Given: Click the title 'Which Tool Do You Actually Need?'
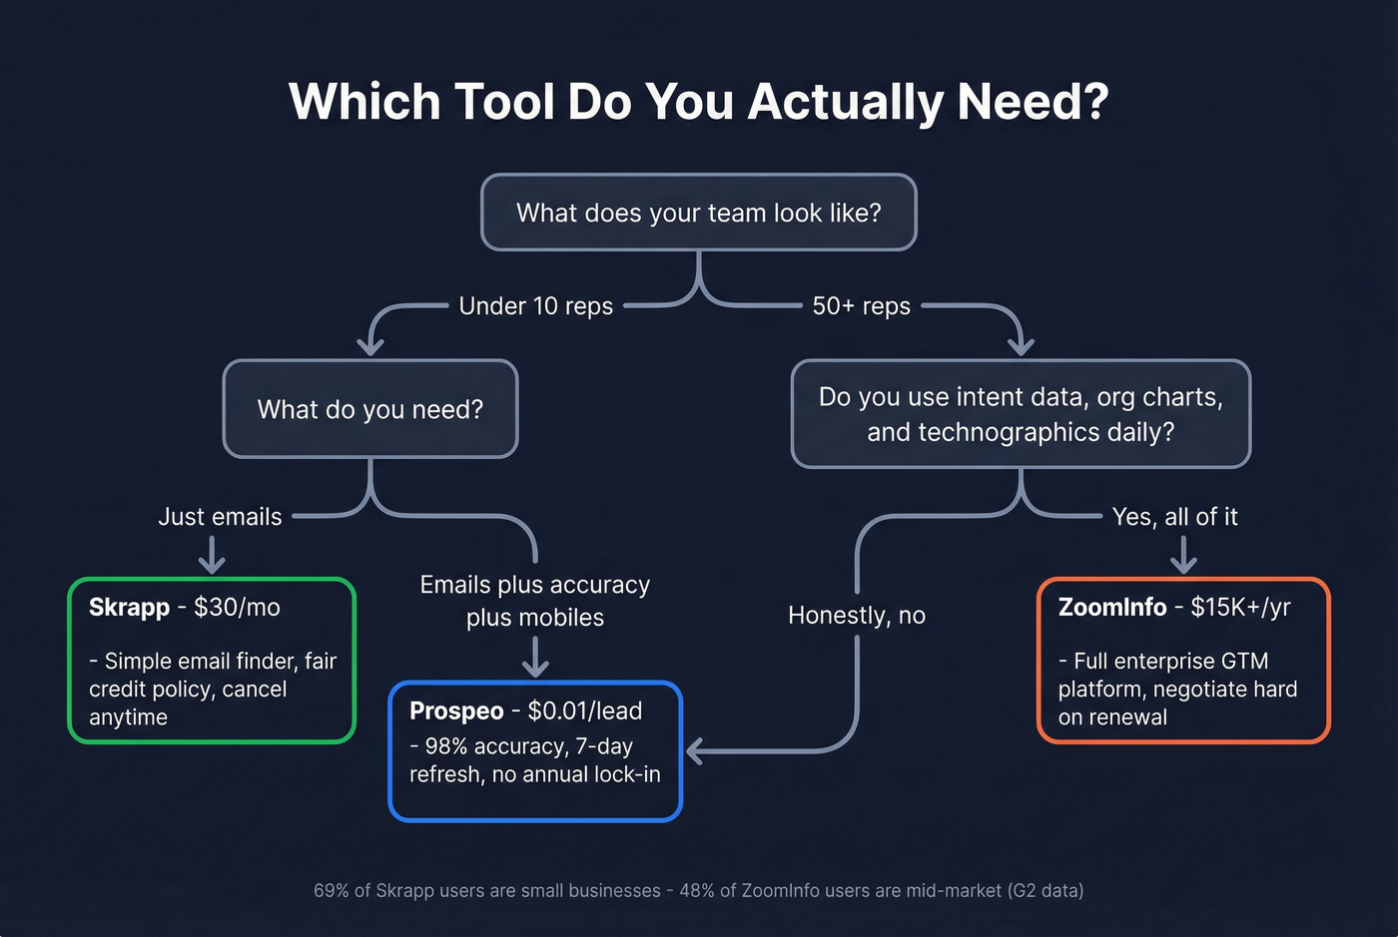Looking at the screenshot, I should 698,102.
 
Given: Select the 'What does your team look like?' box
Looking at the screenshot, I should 698,213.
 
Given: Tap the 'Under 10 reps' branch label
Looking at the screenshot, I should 535,306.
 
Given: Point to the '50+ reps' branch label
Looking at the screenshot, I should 861,306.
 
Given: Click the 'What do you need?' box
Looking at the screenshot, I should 370,409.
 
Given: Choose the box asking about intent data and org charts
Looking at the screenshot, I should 1021,414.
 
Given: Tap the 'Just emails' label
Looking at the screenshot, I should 220,517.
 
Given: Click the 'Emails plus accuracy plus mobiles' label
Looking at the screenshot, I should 535,601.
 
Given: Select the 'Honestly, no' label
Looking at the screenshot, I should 857,616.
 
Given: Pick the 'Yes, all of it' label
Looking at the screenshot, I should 1174,517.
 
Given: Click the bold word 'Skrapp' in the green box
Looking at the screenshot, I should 129,608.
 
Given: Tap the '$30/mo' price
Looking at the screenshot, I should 237,608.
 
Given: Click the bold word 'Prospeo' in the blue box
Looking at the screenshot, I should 456,711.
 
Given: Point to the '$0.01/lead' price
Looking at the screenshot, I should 584,711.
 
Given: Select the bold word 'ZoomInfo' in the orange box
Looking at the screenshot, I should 1111,608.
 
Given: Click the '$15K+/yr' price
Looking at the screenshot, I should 1240,608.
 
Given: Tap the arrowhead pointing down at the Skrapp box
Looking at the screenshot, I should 212,565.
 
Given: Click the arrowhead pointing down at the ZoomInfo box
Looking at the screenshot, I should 1183,565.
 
